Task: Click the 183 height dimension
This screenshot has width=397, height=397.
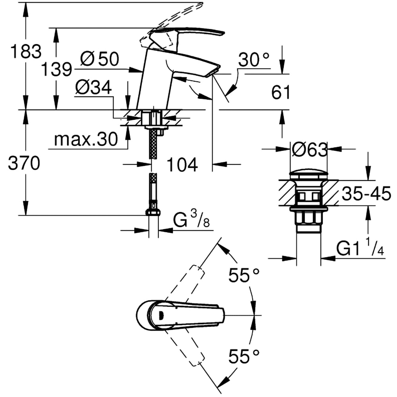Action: (x=26, y=52)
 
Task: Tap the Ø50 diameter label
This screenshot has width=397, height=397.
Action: (x=99, y=60)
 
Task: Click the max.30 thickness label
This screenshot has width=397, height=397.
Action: (x=86, y=139)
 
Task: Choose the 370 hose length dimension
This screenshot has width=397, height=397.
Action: (x=24, y=163)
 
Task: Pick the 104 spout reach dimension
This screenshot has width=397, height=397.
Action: (x=181, y=165)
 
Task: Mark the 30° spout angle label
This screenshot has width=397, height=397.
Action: (x=254, y=60)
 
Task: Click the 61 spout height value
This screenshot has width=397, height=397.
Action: (x=281, y=93)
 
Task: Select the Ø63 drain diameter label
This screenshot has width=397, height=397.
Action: (x=309, y=150)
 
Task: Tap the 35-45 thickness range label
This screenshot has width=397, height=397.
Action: (x=366, y=195)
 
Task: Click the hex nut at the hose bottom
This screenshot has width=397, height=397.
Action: (x=153, y=212)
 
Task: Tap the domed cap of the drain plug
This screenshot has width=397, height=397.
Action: (x=309, y=174)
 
